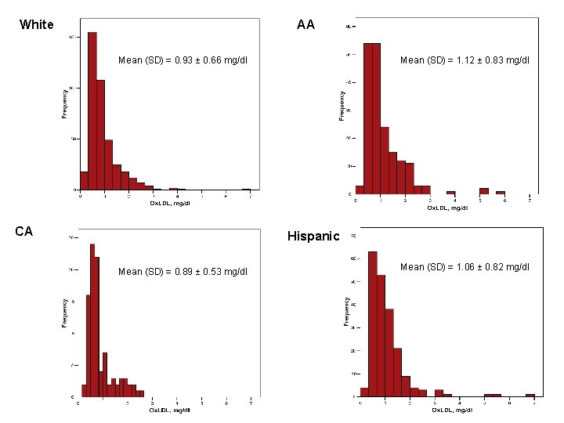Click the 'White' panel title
[x=36, y=24]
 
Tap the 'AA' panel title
[x=305, y=24]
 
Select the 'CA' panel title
[x=23, y=231]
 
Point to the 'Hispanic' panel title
[x=313, y=236]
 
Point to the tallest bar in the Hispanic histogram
[x=373, y=324]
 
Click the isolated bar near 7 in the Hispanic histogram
[x=530, y=395]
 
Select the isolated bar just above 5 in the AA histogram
[x=484, y=190]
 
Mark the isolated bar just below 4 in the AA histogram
[x=450, y=192]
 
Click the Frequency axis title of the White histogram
[x=65, y=102]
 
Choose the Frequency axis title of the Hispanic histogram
[x=345, y=311]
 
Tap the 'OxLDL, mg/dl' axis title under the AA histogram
[x=447, y=208]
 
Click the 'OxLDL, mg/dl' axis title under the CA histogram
[x=170, y=410]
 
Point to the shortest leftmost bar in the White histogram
[x=84, y=181]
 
